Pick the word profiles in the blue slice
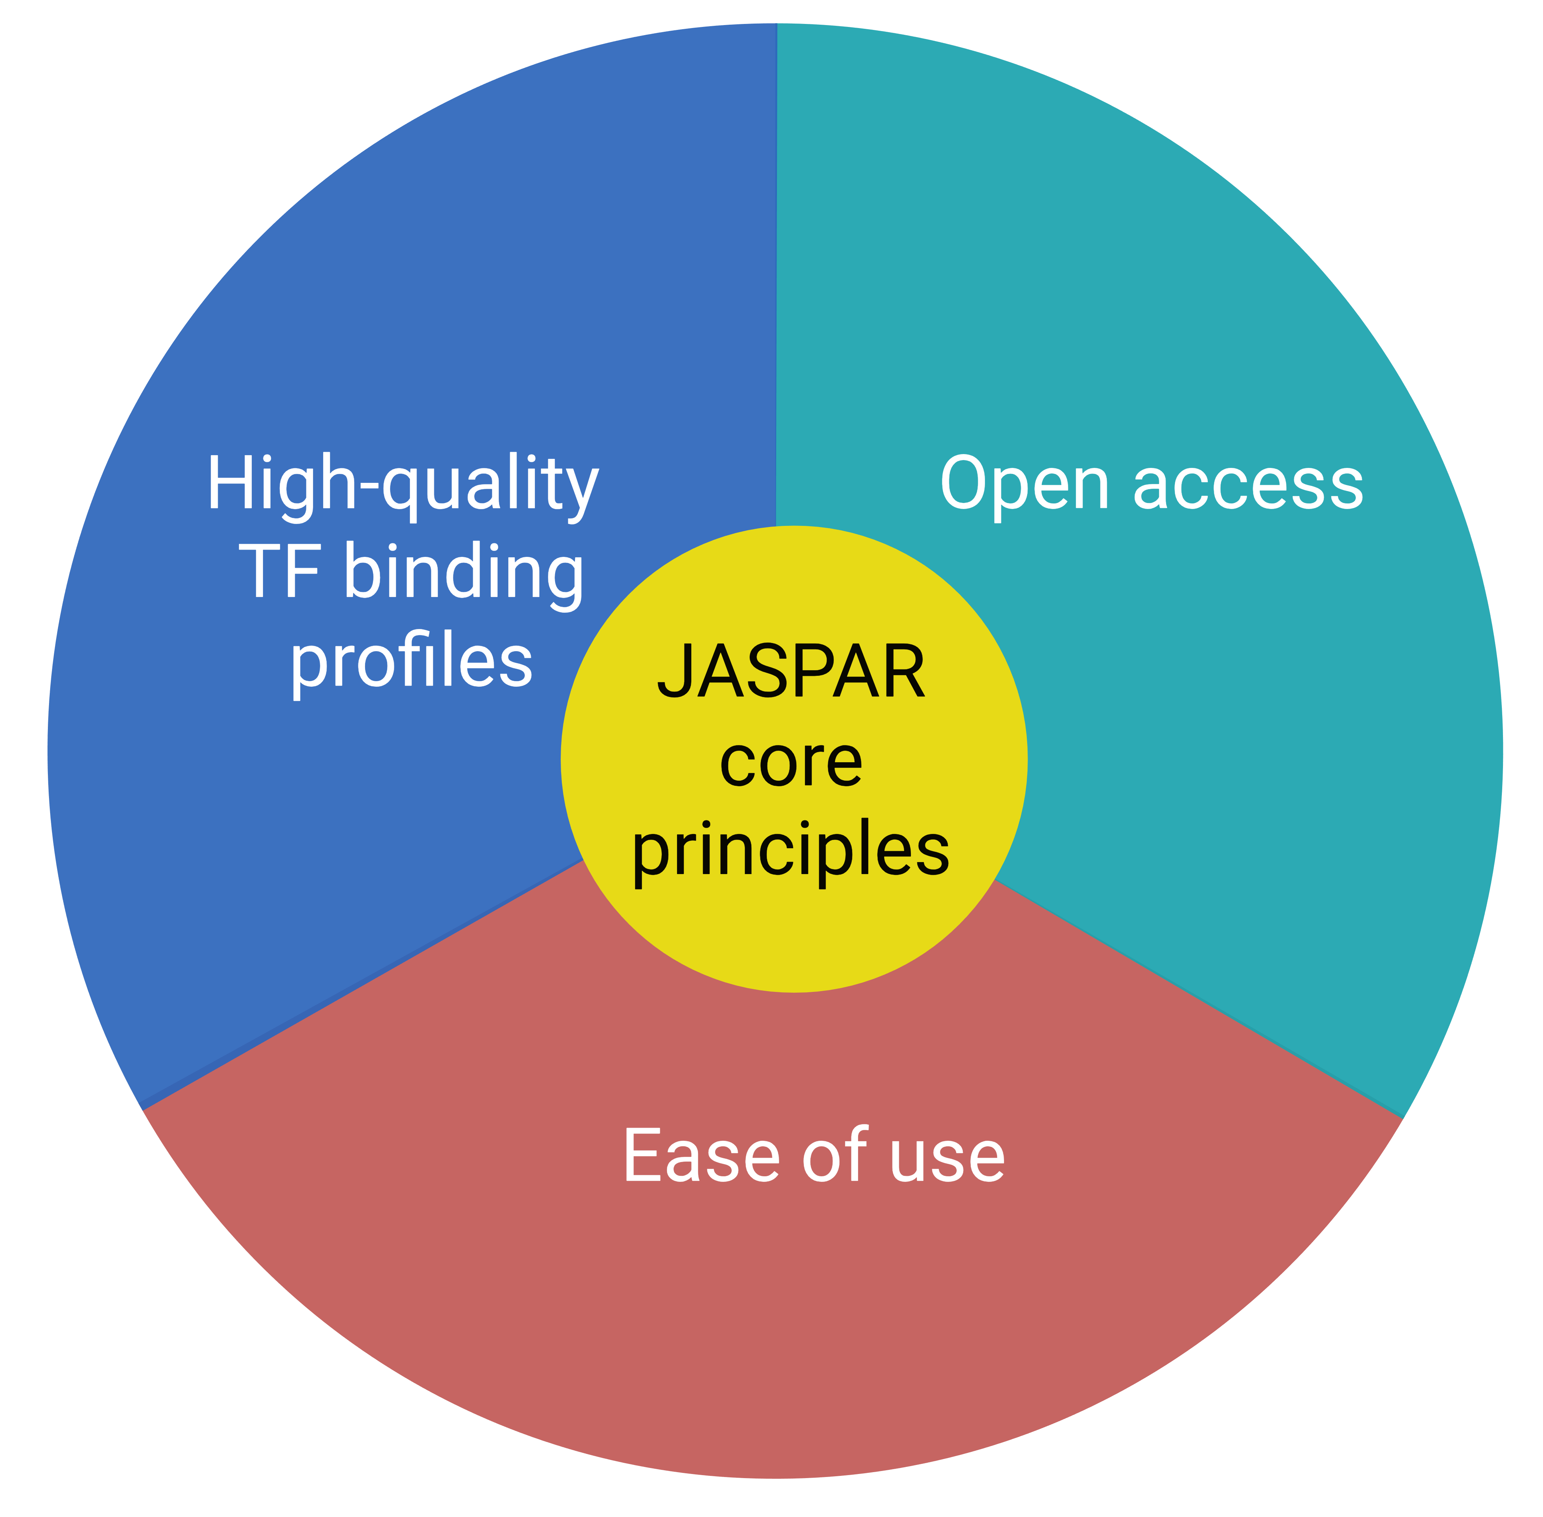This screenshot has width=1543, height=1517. click(411, 661)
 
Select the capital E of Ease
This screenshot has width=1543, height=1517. click(646, 1155)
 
